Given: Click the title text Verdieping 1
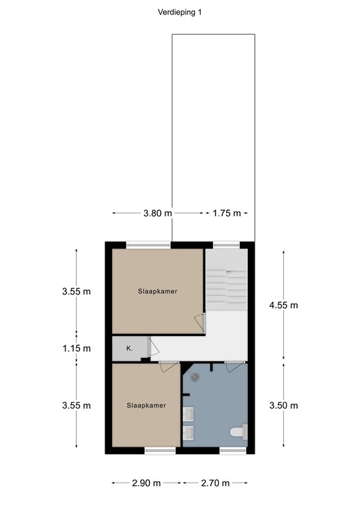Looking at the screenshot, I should pos(180,11).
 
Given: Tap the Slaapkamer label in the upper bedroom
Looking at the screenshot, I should pos(157,291).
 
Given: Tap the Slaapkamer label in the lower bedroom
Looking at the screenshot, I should pos(146,405).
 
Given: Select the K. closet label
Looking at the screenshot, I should pos(129,347).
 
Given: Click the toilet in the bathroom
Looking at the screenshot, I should pos(237,433).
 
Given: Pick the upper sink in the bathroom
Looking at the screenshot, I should pos(188,414).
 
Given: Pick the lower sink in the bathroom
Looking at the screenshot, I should pos(188,433).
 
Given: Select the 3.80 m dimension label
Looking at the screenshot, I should pos(157,213).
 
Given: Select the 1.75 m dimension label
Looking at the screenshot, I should pos(225,213).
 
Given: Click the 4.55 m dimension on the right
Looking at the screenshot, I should pos(284,305).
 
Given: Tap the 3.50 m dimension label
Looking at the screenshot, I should pos(284,406).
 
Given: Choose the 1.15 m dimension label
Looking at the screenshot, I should pos(76,348).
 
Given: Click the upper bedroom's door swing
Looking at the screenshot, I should pos(199,323).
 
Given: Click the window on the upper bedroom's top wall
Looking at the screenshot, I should pos(149,245).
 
